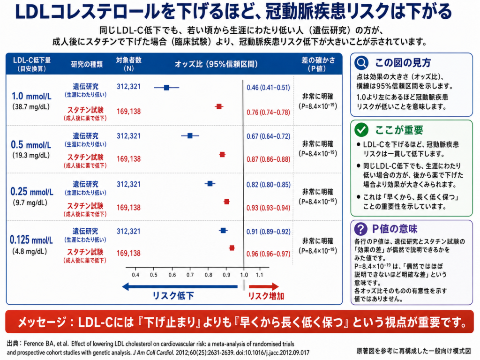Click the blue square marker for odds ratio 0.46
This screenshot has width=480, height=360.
point(166,88)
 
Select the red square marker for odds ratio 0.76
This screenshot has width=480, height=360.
point(219,106)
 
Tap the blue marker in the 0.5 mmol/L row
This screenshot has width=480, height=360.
point(190,135)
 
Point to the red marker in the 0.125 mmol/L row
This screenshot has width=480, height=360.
point(232,248)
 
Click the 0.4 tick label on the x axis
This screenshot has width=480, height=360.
point(135,275)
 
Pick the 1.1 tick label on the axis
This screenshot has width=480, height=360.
point(259,275)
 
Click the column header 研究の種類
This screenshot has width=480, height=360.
point(87,64)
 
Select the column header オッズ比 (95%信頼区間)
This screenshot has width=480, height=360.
point(216,64)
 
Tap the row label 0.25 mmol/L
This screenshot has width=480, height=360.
point(32,192)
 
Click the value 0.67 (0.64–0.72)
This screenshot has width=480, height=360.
point(269,136)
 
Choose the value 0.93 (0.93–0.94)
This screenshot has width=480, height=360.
point(269,208)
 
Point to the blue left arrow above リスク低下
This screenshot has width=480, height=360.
point(180,287)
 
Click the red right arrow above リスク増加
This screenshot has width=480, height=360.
point(263,287)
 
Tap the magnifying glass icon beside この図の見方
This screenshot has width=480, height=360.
point(361,63)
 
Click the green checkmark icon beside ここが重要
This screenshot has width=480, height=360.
point(361,130)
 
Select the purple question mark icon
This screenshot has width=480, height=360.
point(361,229)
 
